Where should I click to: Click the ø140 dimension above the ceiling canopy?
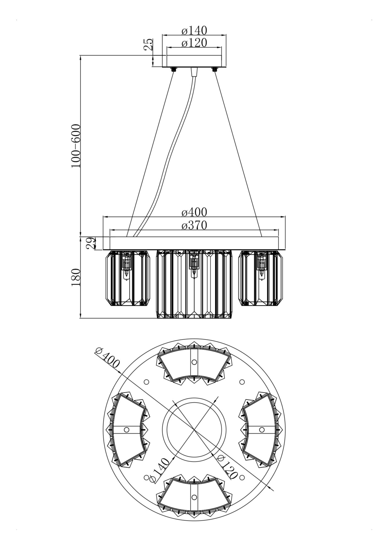pos(194,31)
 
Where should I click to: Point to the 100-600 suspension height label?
pos(76,146)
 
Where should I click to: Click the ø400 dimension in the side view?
pos(194,212)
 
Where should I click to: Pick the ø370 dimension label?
pos(194,225)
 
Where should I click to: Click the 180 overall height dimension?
pos(76,277)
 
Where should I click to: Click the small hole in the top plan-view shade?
pos(194,362)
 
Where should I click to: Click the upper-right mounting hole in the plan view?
pos(242,382)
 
